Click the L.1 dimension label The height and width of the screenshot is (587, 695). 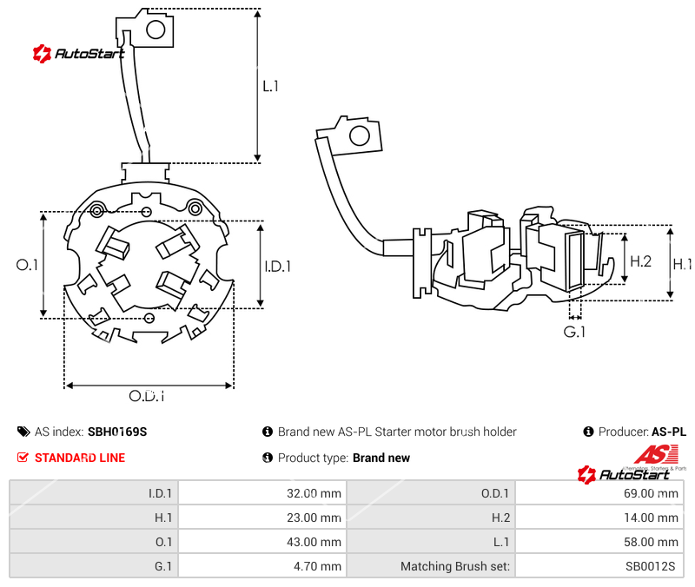tap(270, 86)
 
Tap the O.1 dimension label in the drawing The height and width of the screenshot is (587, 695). tap(28, 265)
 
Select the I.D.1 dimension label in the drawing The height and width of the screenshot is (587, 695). tap(277, 267)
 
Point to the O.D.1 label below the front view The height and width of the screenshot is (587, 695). tap(147, 396)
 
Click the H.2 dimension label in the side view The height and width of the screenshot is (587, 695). tap(640, 261)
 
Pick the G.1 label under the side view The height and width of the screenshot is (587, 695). tap(574, 332)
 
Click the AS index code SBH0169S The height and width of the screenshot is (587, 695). tap(117, 432)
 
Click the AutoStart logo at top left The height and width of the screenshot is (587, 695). tap(78, 54)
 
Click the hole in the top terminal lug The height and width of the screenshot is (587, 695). tap(156, 30)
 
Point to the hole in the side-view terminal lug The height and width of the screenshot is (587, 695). tap(357, 135)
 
